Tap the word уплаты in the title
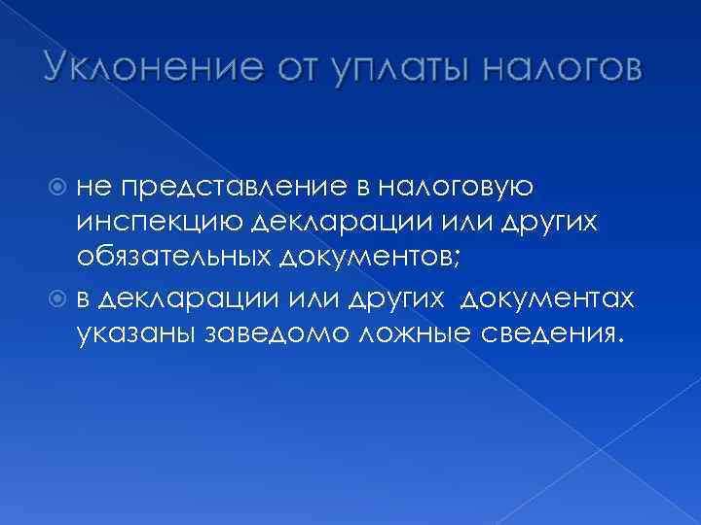[388, 69]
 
